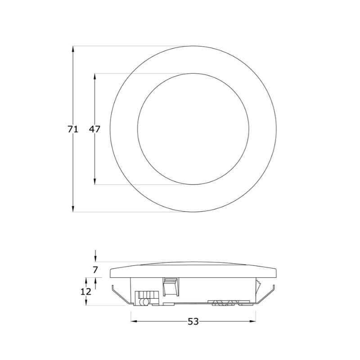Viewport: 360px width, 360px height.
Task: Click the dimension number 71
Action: (x=73, y=130)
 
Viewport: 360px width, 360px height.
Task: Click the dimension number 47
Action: (x=94, y=130)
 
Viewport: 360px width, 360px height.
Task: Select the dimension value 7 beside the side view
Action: (x=95, y=270)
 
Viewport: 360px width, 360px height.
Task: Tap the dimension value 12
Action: (x=86, y=291)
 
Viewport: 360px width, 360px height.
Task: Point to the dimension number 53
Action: (x=193, y=321)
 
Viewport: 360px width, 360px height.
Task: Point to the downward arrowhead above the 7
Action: (x=95, y=259)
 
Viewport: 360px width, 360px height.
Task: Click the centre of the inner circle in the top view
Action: (x=193, y=129)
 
